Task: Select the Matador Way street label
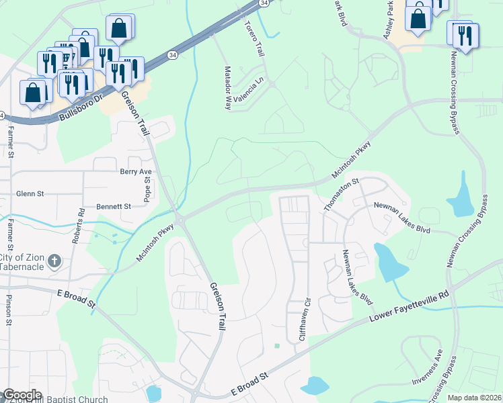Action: click(228, 93)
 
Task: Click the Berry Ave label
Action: click(136, 172)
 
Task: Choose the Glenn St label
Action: click(30, 193)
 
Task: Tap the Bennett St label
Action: click(113, 207)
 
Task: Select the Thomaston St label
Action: click(342, 195)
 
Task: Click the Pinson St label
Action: click(9, 309)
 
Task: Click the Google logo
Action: click(22, 395)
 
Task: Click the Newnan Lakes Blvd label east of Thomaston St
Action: click(401, 209)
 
